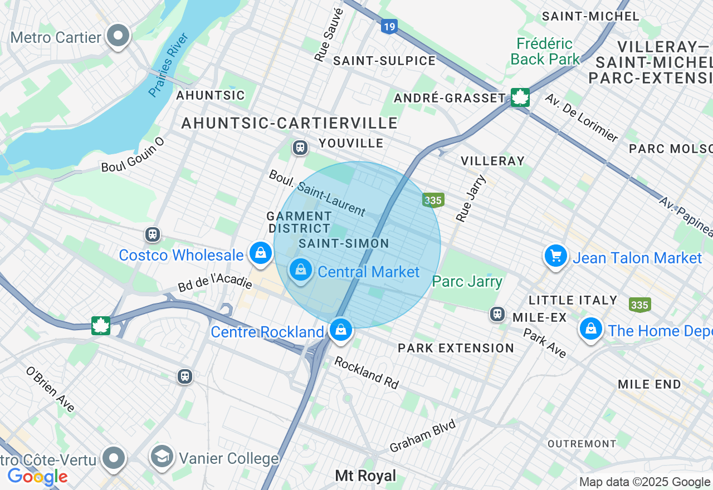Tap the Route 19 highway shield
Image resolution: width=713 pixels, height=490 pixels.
click(x=389, y=26)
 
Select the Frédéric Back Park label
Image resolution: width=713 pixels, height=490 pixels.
click(x=544, y=51)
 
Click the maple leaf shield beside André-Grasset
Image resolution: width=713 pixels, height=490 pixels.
click(x=520, y=97)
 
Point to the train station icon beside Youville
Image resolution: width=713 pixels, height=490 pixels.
click(x=300, y=148)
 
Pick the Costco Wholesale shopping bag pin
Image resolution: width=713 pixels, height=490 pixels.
click(x=260, y=253)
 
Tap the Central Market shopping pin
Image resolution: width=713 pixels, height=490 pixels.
click(x=301, y=270)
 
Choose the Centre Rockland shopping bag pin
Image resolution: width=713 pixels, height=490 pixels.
click(x=340, y=330)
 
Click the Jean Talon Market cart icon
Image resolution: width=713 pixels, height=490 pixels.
click(x=555, y=256)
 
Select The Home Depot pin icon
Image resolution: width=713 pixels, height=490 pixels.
click(x=591, y=329)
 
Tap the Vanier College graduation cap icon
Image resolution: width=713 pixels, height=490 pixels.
click(x=162, y=457)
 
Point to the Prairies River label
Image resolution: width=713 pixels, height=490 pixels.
click(x=169, y=65)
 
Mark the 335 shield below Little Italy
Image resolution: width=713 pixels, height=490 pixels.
click(x=639, y=305)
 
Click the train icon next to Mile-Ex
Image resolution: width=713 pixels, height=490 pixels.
click(x=497, y=314)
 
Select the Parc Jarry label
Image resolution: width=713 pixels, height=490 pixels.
click(x=467, y=281)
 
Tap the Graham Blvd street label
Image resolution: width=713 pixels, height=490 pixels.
click(x=423, y=435)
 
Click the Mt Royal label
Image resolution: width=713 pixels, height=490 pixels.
click(x=365, y=476)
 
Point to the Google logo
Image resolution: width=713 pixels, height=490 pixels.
click(x=37, y=477)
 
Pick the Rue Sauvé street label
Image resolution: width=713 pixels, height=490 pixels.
click(x=328, y=35)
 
